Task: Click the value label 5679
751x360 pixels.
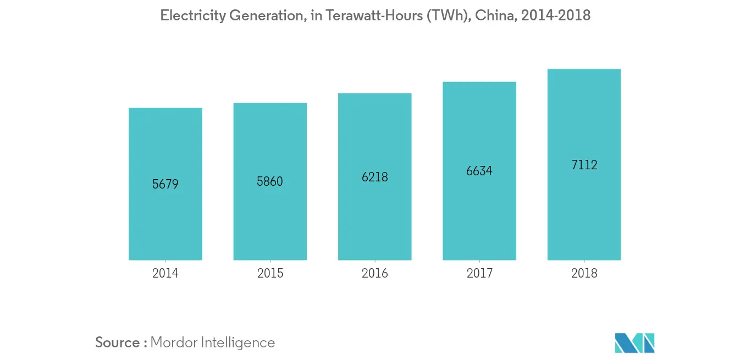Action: coord(165,184)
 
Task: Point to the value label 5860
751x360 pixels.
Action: coord(270,181)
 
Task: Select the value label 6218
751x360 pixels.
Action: coord(374,177)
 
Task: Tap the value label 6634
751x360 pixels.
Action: coord(479,171)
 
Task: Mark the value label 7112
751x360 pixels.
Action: coord(584,165)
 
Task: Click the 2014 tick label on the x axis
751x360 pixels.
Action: coord(165,273)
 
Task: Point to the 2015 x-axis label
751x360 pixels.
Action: coord(270,273)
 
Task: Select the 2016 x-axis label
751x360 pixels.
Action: coord(374,273)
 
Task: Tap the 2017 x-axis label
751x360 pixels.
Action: coord(479,273)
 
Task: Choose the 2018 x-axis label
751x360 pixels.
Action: coord(584,273)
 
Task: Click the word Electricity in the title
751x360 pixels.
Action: coord(192,16)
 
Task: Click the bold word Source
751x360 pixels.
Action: coord(118,342)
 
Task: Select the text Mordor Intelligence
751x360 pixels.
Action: coord(212,342)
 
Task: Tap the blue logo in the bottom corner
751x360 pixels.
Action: coord(635,342)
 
